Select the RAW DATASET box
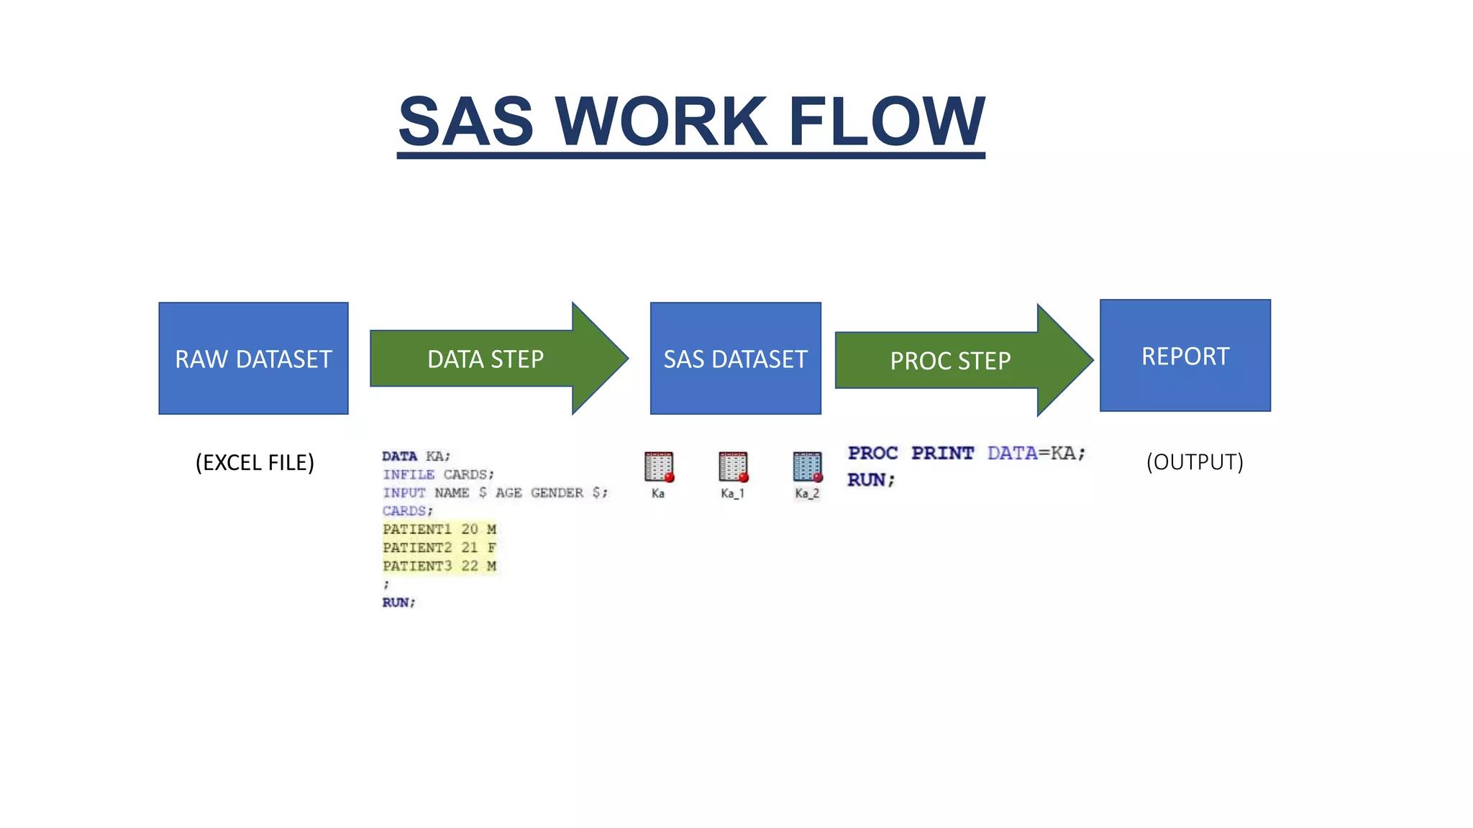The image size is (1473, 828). (253, 358)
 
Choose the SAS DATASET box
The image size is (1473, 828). (735, 358)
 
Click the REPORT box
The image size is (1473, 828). (1185, 356)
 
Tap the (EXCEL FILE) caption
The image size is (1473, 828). (255, 462)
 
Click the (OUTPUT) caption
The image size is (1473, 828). (1195, 461)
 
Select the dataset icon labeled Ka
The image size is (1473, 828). (658, 467)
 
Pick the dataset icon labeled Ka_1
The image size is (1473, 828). (733, 467)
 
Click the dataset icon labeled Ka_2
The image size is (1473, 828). (807, 467)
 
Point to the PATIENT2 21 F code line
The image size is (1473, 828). (439, 548)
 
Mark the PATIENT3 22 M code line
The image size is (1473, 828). (439, 566)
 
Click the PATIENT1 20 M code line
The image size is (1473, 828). (439, 530)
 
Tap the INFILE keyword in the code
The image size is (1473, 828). (409, 475)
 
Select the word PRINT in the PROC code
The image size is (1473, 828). (942, 454)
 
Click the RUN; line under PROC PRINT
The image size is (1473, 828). (870, 480)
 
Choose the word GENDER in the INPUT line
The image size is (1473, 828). (557, 493)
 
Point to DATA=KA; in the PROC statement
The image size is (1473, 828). (1036, 454)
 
